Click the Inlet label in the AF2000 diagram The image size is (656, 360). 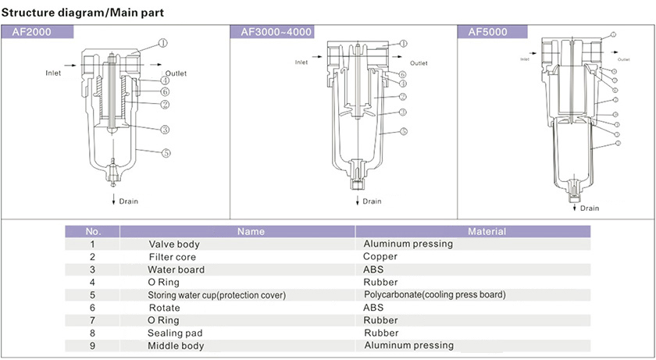[53, 73]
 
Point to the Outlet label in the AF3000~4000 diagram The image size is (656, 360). [419, 63]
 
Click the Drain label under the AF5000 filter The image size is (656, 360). [590, 209]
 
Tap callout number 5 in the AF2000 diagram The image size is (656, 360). [166, 153]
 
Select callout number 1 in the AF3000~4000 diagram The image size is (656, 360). [403, 44]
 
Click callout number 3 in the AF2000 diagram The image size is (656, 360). [166, 130]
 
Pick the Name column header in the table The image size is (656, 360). [251, 231]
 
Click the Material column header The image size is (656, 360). [487, 231]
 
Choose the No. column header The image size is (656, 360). [93, 231]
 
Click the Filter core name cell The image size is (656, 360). [172, 257]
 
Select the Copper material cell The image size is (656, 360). [380, 256]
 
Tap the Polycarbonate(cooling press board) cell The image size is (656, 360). [435, 294]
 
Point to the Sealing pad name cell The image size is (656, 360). [176, 333]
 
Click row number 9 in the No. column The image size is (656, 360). [92, 346]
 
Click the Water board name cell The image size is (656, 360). [176, 269]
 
